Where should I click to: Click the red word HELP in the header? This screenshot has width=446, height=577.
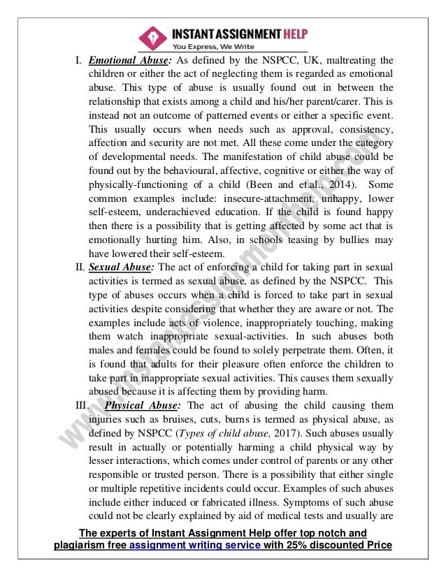288,33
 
